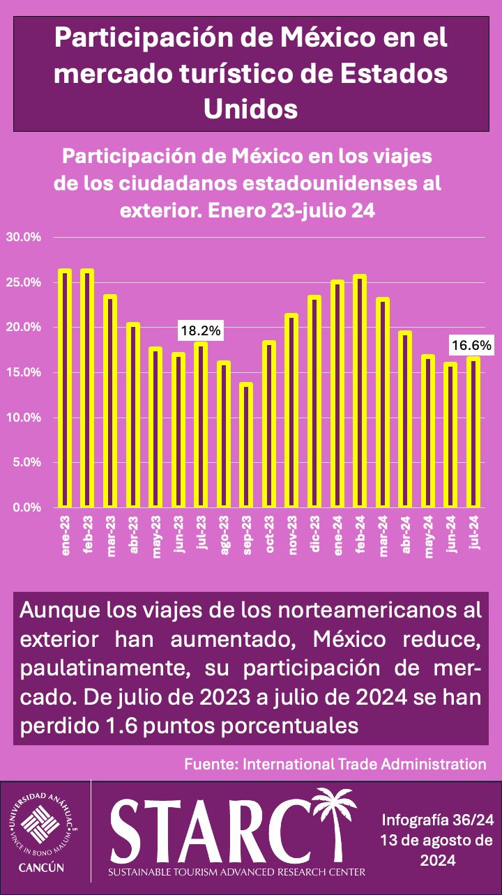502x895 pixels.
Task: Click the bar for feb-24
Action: (360, 390)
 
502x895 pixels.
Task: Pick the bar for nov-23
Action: (291, 411)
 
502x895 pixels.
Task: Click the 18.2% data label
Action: (201, 331)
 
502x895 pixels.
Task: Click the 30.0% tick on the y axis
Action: (24, 237)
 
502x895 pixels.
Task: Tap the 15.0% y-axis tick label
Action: (24, 372)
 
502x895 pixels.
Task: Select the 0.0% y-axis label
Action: (26, 507)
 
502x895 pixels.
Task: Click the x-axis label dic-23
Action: (315, 535)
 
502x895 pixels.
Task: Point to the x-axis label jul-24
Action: (474, 534)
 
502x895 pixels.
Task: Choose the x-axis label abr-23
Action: (133, 535)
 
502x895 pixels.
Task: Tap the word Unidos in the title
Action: (250, 109)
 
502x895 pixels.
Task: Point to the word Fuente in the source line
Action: (211, 764)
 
